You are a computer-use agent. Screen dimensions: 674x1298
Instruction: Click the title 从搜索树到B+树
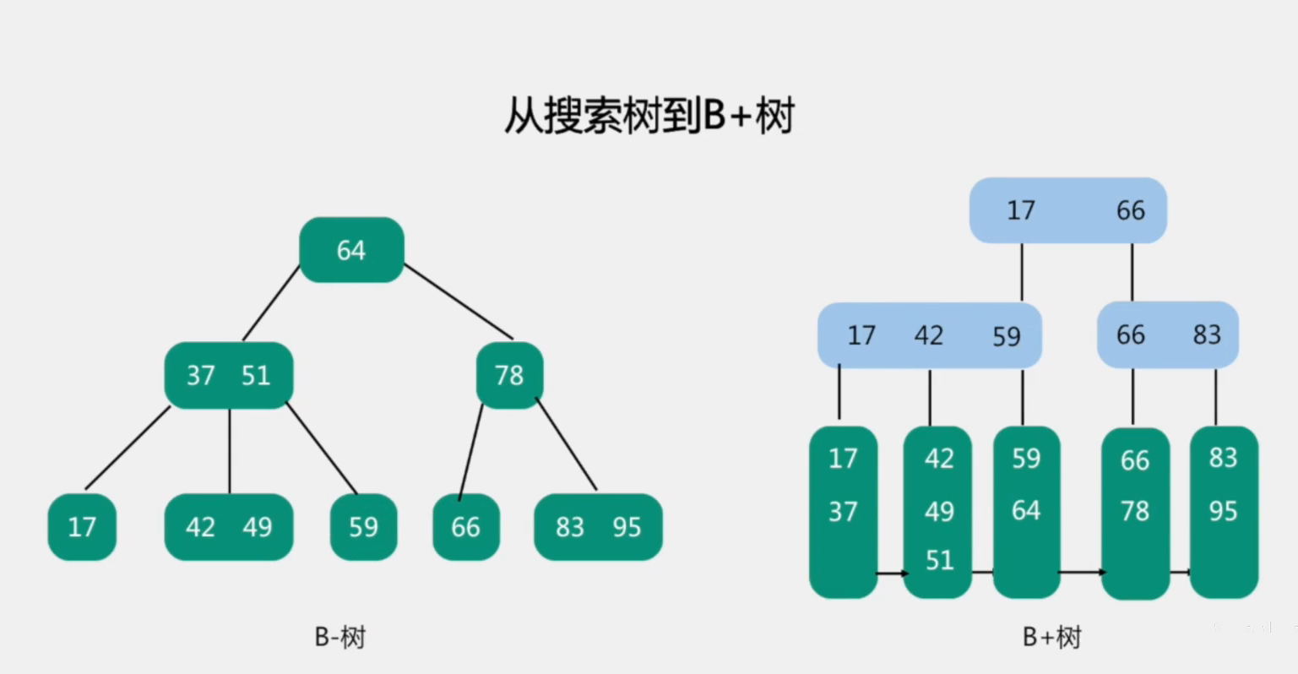649,117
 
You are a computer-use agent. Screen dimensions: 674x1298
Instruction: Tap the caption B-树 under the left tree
339,636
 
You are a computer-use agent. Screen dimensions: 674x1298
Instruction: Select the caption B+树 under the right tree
1051,636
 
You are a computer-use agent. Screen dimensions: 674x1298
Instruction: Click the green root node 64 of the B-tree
351,250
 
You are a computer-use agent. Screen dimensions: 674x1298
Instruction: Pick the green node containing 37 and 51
228,375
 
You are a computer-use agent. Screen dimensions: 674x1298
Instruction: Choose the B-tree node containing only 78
509,375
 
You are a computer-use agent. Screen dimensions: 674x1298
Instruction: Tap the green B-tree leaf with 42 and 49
228,527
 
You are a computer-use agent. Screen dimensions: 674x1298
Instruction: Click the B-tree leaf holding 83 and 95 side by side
598,527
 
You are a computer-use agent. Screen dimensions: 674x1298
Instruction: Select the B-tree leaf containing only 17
82,527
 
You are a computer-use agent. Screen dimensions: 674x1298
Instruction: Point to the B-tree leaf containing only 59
363,527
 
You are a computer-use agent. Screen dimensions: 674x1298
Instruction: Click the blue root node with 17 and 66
1067,210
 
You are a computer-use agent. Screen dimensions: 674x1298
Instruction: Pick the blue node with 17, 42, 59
929,335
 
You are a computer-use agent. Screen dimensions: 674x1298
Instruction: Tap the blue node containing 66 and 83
1167,335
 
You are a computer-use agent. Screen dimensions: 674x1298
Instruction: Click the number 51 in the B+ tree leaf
939,560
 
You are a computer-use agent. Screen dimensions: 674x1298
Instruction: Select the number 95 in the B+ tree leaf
1223,511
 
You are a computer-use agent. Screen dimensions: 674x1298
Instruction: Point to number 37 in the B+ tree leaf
843,511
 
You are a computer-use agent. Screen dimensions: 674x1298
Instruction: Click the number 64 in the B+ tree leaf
1026,510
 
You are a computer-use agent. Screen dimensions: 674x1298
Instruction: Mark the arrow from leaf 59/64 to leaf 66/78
1081,572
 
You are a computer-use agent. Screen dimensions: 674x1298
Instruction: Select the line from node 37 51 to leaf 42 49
230,451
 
